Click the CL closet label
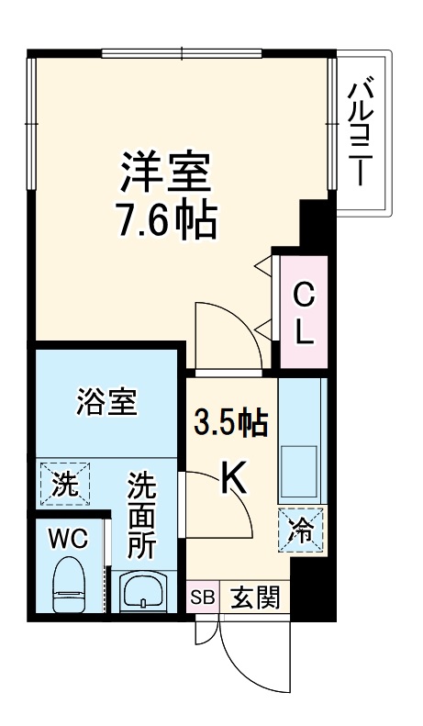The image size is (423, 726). (304, 312)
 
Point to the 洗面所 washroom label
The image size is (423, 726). (141, 518)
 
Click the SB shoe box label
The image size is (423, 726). (201, 599)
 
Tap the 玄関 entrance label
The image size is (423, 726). (254, 598)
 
